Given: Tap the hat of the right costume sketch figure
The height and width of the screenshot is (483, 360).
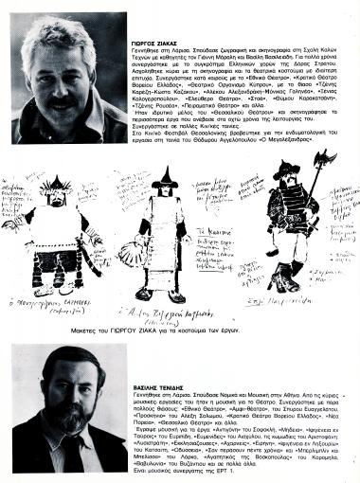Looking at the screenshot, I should coord(290,175).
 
